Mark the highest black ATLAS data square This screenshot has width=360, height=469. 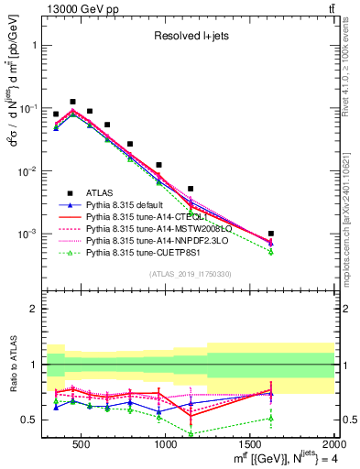tap(72, 102)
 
